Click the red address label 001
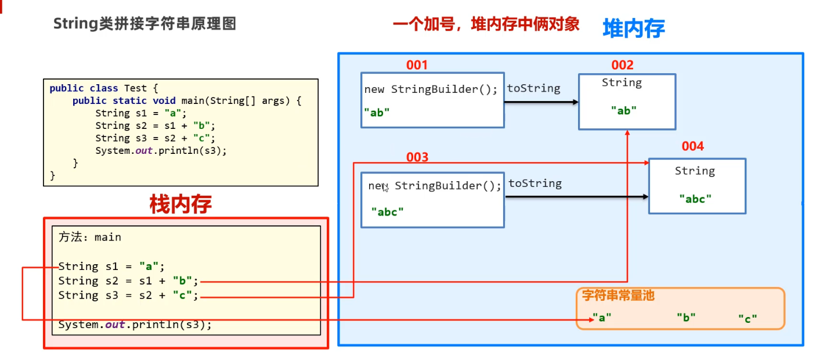click(x=417, y=65)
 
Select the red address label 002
click(x=622, y=65)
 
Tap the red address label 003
click(x=417, y=157)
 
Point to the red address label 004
click(x=693, y=146)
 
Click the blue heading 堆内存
click(x=634, y=28)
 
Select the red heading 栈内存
click(x=180, y=204)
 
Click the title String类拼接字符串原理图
click(x=145, y=24)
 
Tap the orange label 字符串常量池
click(x=618, y=296)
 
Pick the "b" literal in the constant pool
click(x=686, y=318)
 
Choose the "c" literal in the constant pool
click(x=748, y=319)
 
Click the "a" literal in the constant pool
click(x=602, y=318)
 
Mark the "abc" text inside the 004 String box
click(x=695, y=199)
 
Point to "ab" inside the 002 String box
click(x=624, y=110)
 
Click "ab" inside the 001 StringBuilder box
click(x=377, y=113)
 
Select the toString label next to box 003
click(x=535, y=183)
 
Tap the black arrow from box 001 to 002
click(x=541, y=102)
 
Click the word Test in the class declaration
click(x=135, y=88)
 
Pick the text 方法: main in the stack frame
click(x=89, y=237)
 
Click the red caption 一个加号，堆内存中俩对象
click(x=486, y=24)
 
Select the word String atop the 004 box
click(x=695, y=171)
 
